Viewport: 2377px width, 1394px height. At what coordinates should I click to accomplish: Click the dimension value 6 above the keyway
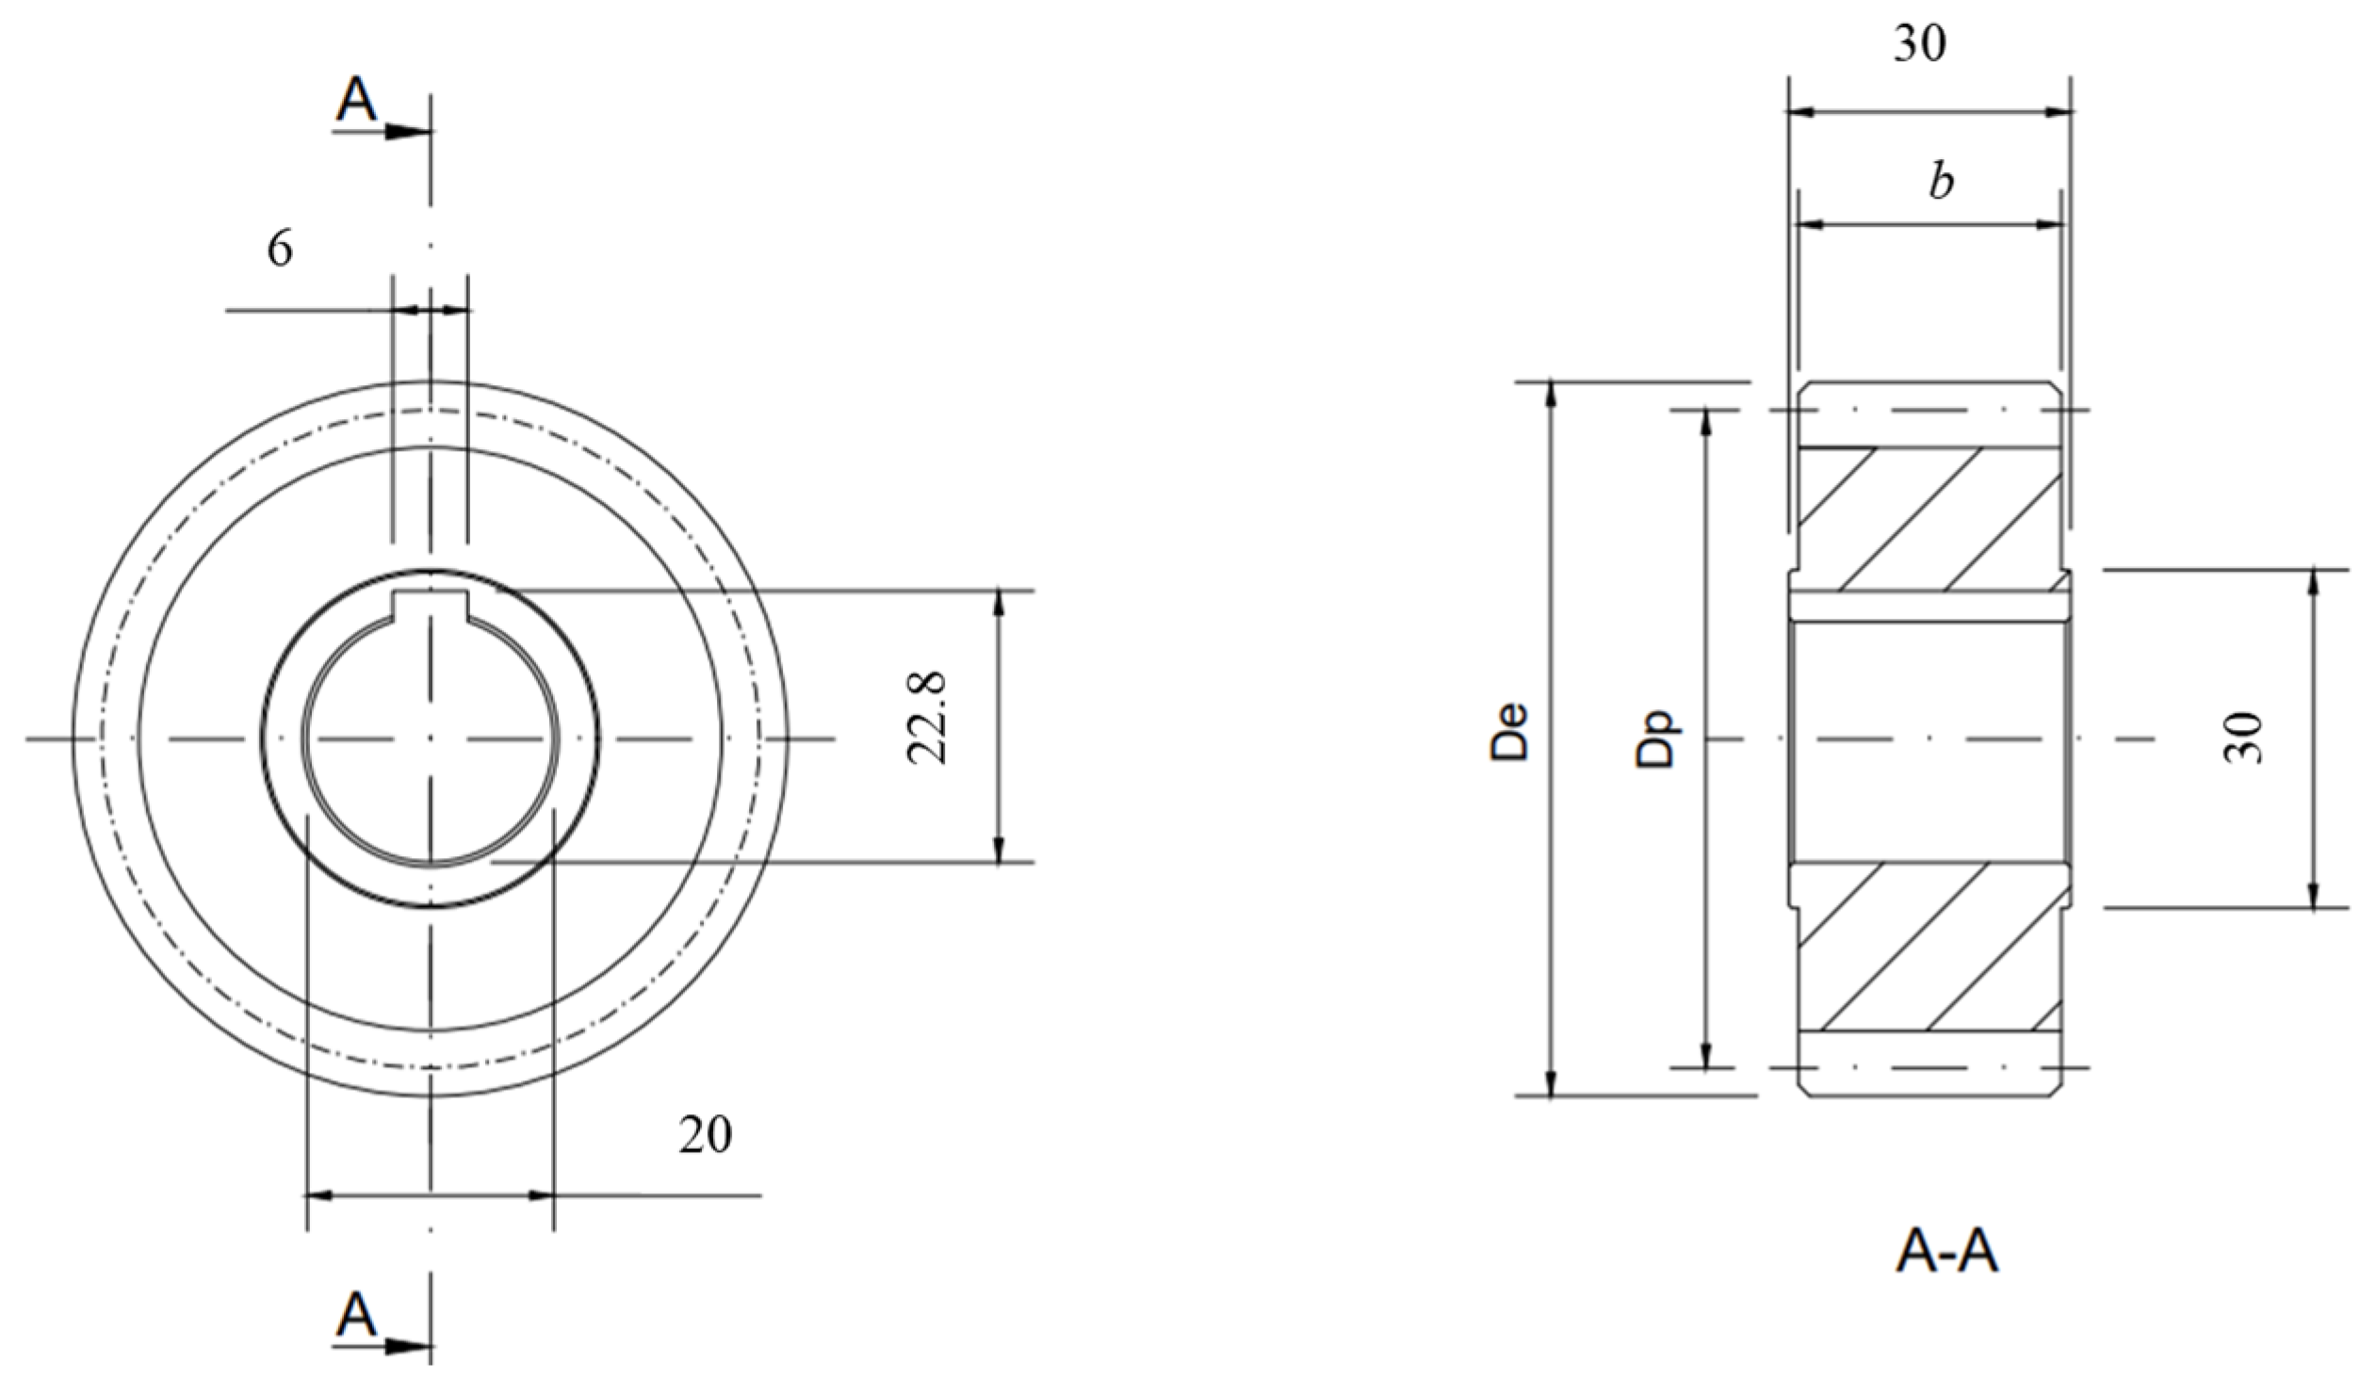pos(280,250)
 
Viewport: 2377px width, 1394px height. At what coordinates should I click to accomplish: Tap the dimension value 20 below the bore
pos(705,1136)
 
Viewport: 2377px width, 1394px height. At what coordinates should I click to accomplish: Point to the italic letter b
pos(1940,182)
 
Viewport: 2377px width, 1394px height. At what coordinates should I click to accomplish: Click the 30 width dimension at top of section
pos(1919,44)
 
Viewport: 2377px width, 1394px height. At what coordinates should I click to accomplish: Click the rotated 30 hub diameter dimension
pos(2244,738)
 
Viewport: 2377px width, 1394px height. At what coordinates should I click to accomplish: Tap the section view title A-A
pos(1946,1255)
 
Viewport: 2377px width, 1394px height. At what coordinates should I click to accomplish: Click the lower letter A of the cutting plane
pos(355,1315)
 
